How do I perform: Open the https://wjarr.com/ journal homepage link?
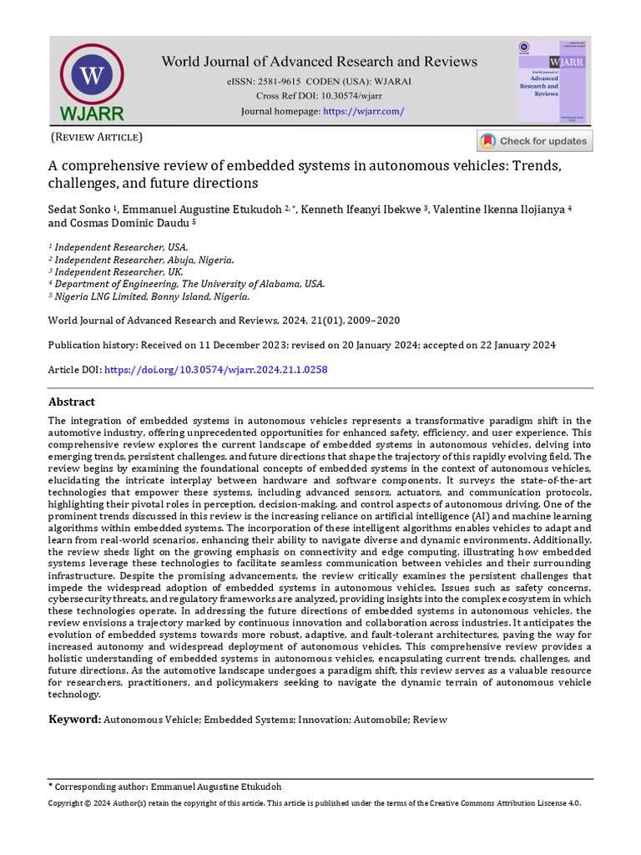tap(363, 111)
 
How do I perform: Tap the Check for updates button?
tap(534, 141)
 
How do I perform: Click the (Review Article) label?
tap(97, 137)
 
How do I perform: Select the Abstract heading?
tap(72, 402)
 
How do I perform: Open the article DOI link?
tap(215, 369)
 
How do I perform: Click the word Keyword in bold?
tap(74, 719)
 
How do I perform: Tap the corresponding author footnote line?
tap(165, 787)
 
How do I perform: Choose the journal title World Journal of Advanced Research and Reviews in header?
tap(319, 61)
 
